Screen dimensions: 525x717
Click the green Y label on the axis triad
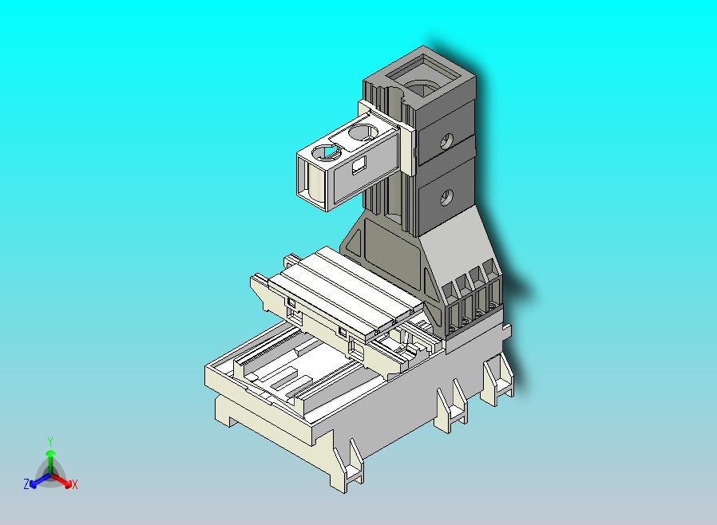[x=50, y=440]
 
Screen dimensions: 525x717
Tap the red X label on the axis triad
[x=74, y=484]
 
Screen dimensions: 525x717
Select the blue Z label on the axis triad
[x=26, y=484]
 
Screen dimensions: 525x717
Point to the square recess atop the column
[x=422, y=81]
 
